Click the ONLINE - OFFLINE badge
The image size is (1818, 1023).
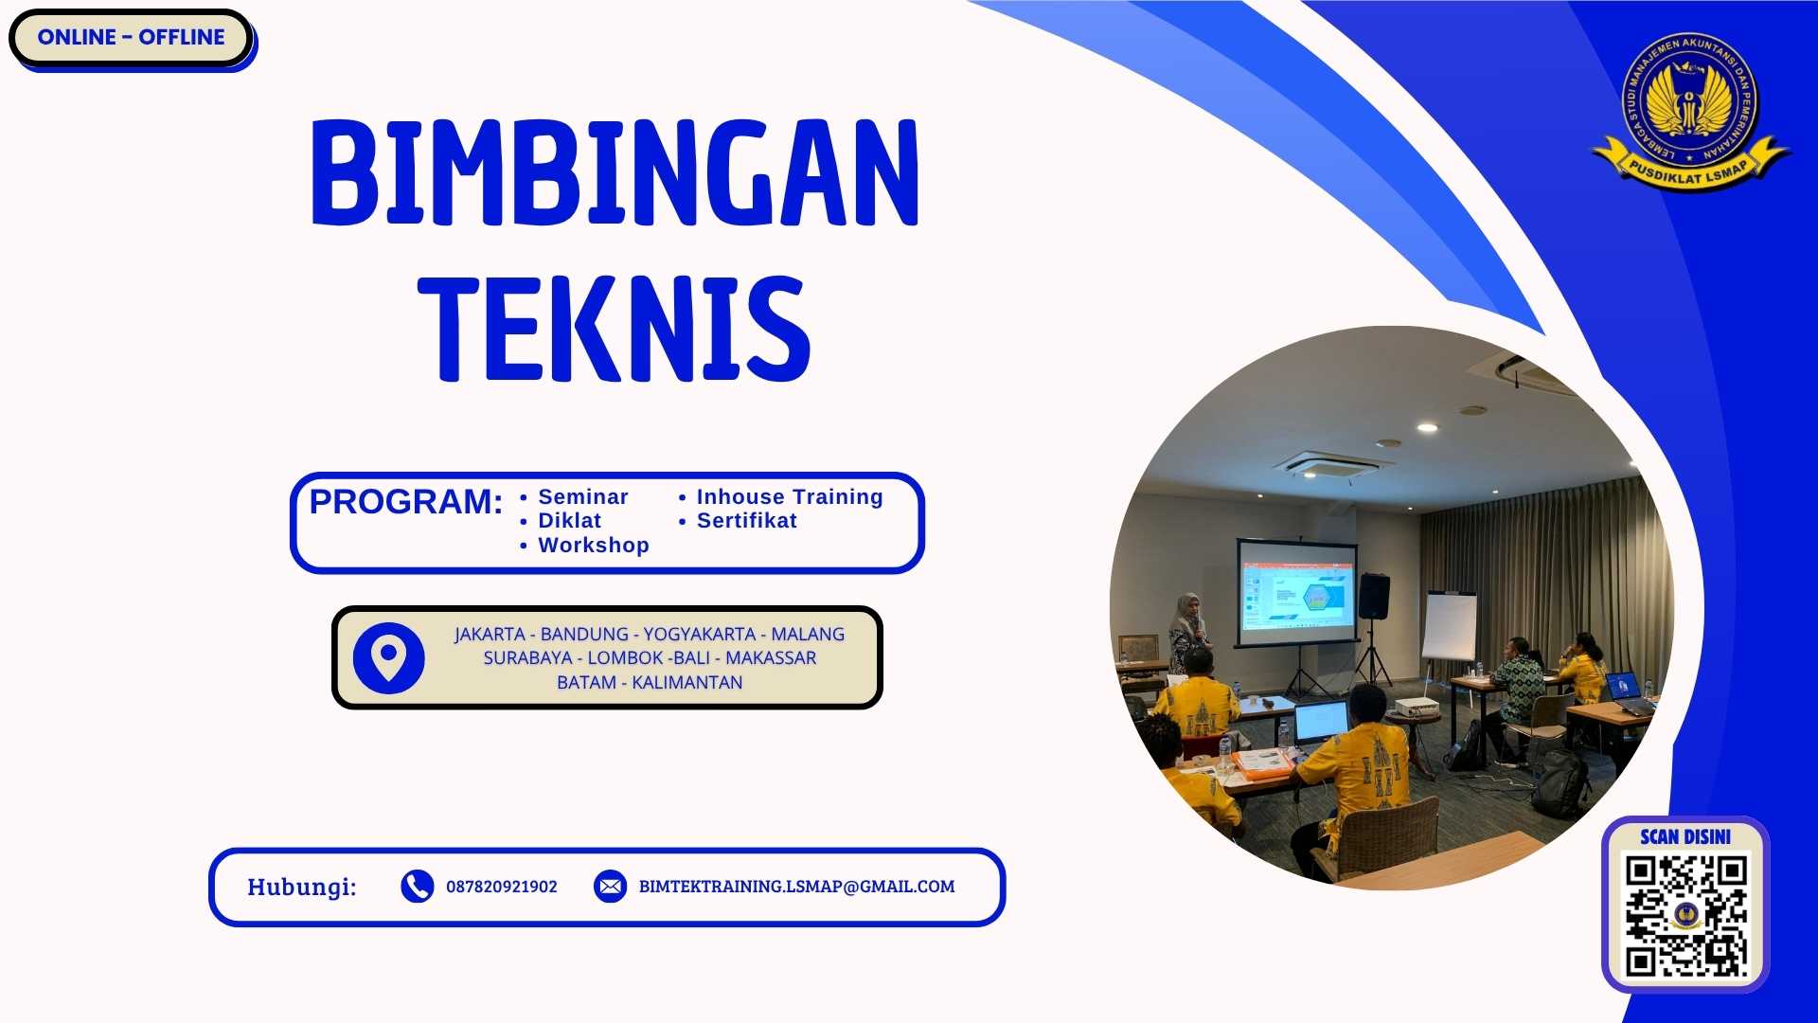point(131,38)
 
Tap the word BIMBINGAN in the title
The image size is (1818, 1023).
point(615,172)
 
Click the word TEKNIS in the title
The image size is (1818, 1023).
point(614,329)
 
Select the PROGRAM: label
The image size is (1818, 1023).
point(406,502)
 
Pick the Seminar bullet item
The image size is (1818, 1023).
point(582,496)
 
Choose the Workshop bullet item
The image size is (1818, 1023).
point(593,546)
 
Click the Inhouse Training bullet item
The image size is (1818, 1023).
point(789,496)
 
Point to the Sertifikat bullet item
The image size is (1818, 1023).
point(746,521)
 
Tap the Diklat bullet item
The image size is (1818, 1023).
point(569,521)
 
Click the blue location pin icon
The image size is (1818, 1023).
point(388,657)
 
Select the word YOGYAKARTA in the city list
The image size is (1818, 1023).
point(699,634)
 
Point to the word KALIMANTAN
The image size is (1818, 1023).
point(686,682)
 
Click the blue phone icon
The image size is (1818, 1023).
point(417,887)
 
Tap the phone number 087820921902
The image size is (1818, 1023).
point(501,887)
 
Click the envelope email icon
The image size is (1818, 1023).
point(610,887)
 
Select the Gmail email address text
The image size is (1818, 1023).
point(796,887)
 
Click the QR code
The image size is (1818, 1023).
point(1685,915)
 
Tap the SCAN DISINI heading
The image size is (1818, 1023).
point(1685,836)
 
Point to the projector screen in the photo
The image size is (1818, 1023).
point(1297,593)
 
